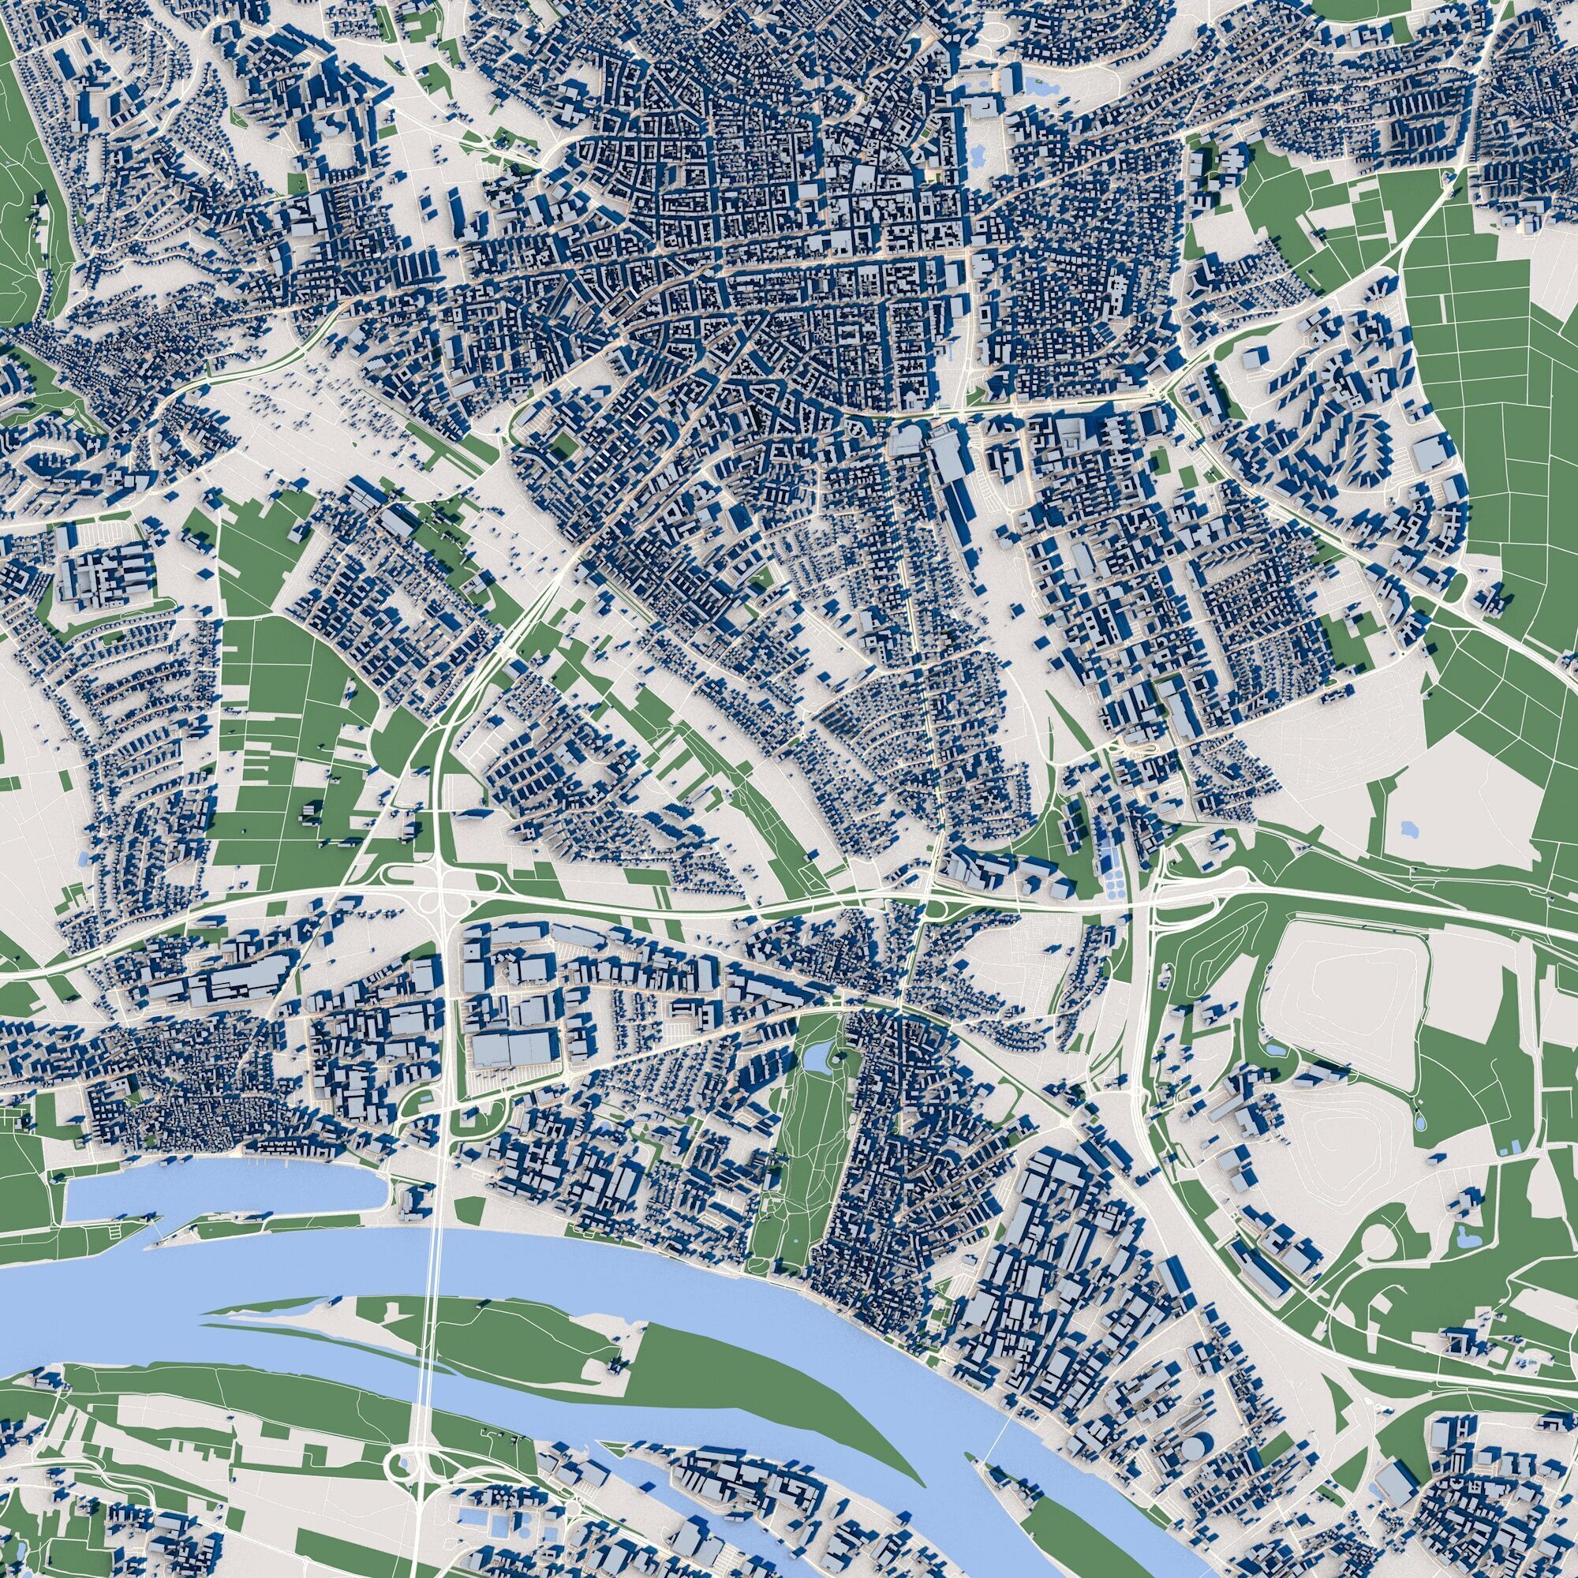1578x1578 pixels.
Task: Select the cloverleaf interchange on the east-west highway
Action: pyautogui.click(x=440, y=890)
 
